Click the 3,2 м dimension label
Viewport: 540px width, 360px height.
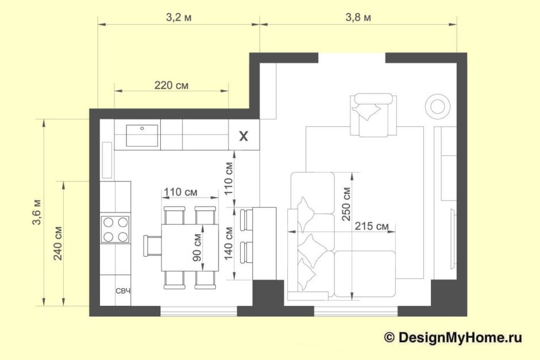(179, 18)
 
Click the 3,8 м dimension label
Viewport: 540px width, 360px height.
(358, 18)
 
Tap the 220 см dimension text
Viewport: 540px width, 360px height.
(171, 85)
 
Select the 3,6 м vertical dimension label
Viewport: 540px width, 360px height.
(37, 212)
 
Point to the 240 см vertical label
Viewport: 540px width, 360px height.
(58, 243)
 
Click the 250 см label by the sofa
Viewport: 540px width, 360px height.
(346, 204)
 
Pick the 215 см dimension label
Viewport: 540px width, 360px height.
(372, 226)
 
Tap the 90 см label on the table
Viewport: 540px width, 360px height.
(197, 247)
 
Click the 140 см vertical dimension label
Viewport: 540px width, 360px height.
(228, 243)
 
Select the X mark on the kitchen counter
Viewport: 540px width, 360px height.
(244, 136)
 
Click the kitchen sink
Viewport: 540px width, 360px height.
(142, 136)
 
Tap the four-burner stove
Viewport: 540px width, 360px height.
(115, 229)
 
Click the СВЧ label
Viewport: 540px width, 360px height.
(123, 291)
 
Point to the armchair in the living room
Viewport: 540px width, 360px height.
(373, 115)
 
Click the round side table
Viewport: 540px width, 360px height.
(438, 105)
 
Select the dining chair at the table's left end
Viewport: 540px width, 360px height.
(153, 245)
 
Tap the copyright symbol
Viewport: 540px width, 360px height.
(389, 338)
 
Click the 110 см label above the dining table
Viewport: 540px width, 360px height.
(180, 192)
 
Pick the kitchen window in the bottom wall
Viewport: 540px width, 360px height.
(199, 311)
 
